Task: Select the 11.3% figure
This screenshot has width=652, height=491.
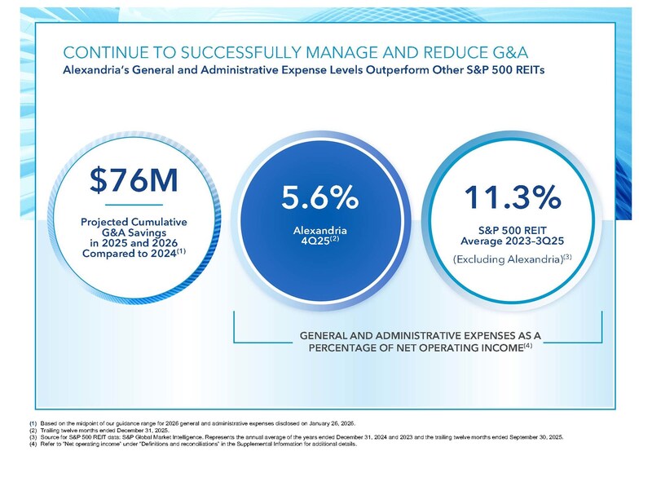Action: click(513, 197)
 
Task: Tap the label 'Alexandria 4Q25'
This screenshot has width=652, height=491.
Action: click(319, 237)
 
